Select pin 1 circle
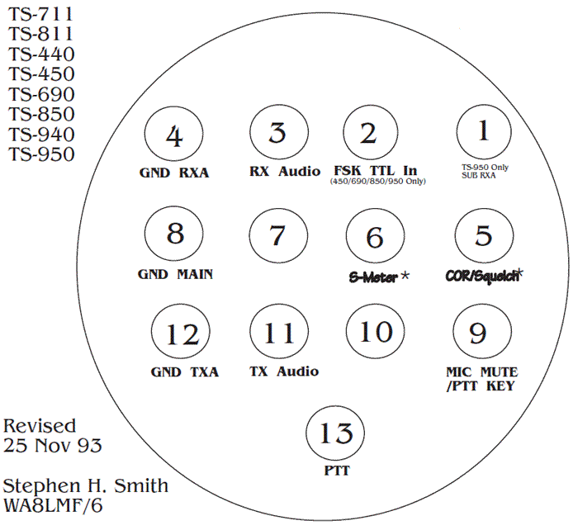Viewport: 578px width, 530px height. click(484, 133)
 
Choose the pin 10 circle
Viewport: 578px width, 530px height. click(376, 333)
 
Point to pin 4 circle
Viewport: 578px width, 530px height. click(173, 137)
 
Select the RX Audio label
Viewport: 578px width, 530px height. click(285, 172)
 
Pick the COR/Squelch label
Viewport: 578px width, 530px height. click(484, 275)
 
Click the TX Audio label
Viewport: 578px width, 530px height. click(283, 371)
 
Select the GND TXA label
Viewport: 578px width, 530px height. click(184, 371)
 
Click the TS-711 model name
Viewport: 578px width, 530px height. click(41, 14)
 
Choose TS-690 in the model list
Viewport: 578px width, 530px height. click(41, 94)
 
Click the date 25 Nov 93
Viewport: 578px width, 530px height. click(53, 447)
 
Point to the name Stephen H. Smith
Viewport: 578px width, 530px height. click(86, 485)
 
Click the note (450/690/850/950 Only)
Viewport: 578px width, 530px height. click(377, 182)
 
